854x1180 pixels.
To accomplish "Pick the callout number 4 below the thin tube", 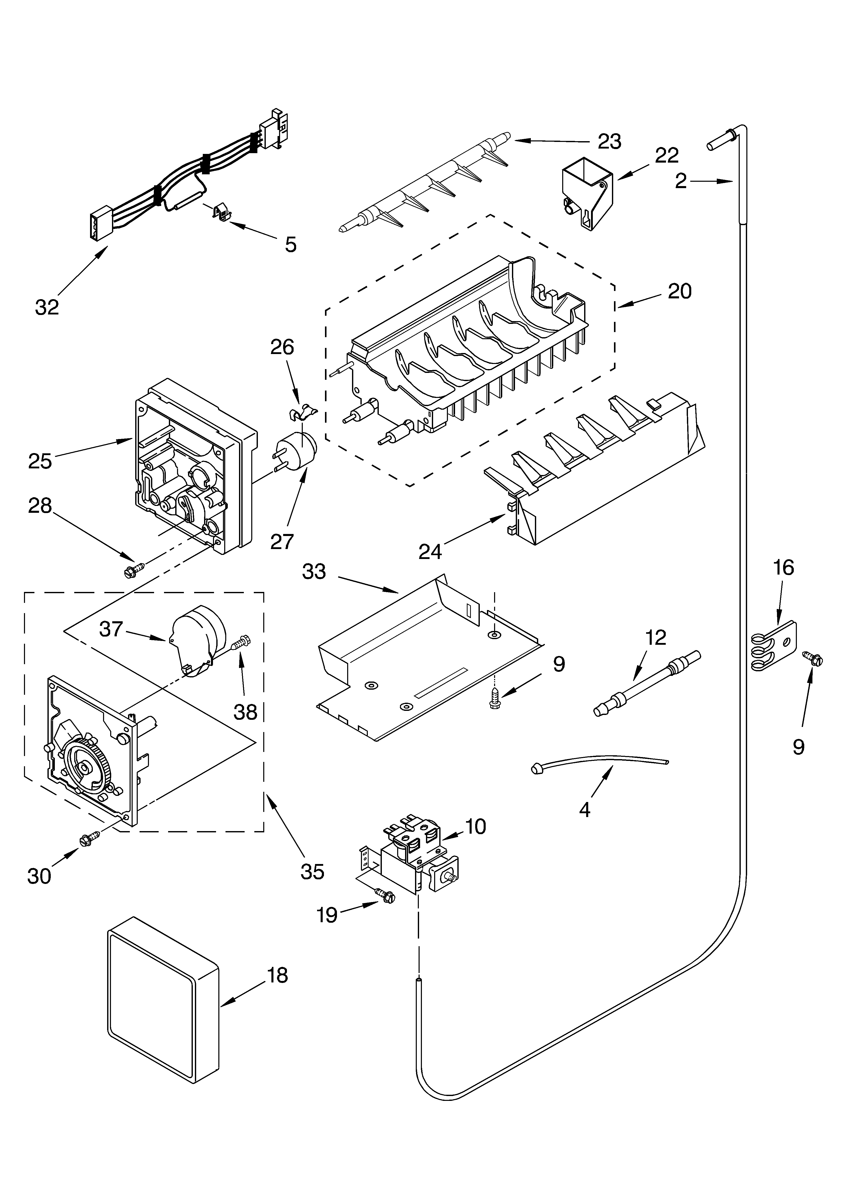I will pyautogui.click(x=585, y=810).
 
